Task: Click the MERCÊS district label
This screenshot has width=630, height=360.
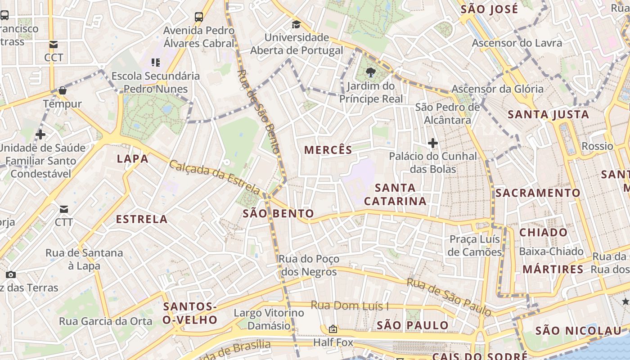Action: tap(328, 150)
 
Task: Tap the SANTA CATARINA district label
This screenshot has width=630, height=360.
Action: tap(395, 194)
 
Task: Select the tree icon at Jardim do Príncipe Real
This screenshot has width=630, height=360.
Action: tap(371, 72)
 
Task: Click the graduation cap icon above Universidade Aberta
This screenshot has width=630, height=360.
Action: tap(296, 24)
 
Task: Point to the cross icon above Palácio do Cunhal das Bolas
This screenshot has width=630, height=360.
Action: tap(433, 144)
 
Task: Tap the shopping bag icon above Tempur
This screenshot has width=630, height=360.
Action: tap(63, 90)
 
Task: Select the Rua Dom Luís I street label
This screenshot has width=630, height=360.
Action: tap(350, 306)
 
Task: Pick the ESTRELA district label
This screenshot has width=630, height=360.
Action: tap(142, 219)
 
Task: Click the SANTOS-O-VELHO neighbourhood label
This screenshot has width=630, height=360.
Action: tap(190, 313)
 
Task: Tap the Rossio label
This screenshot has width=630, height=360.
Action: tap(597, 146)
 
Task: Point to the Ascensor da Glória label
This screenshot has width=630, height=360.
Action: tap(497, 89)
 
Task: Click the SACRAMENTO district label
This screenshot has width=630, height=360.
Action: tap(538, 193)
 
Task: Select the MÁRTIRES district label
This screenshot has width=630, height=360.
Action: tap(553, 270)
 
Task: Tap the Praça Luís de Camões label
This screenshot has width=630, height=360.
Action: tap(474, 245)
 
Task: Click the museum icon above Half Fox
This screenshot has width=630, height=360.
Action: tap(333, 329)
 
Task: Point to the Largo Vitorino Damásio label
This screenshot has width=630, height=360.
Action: tap(269, 319)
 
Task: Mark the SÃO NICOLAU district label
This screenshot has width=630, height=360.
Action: tap(578, 331)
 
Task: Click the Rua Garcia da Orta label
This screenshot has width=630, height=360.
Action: tap(106, 321)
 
